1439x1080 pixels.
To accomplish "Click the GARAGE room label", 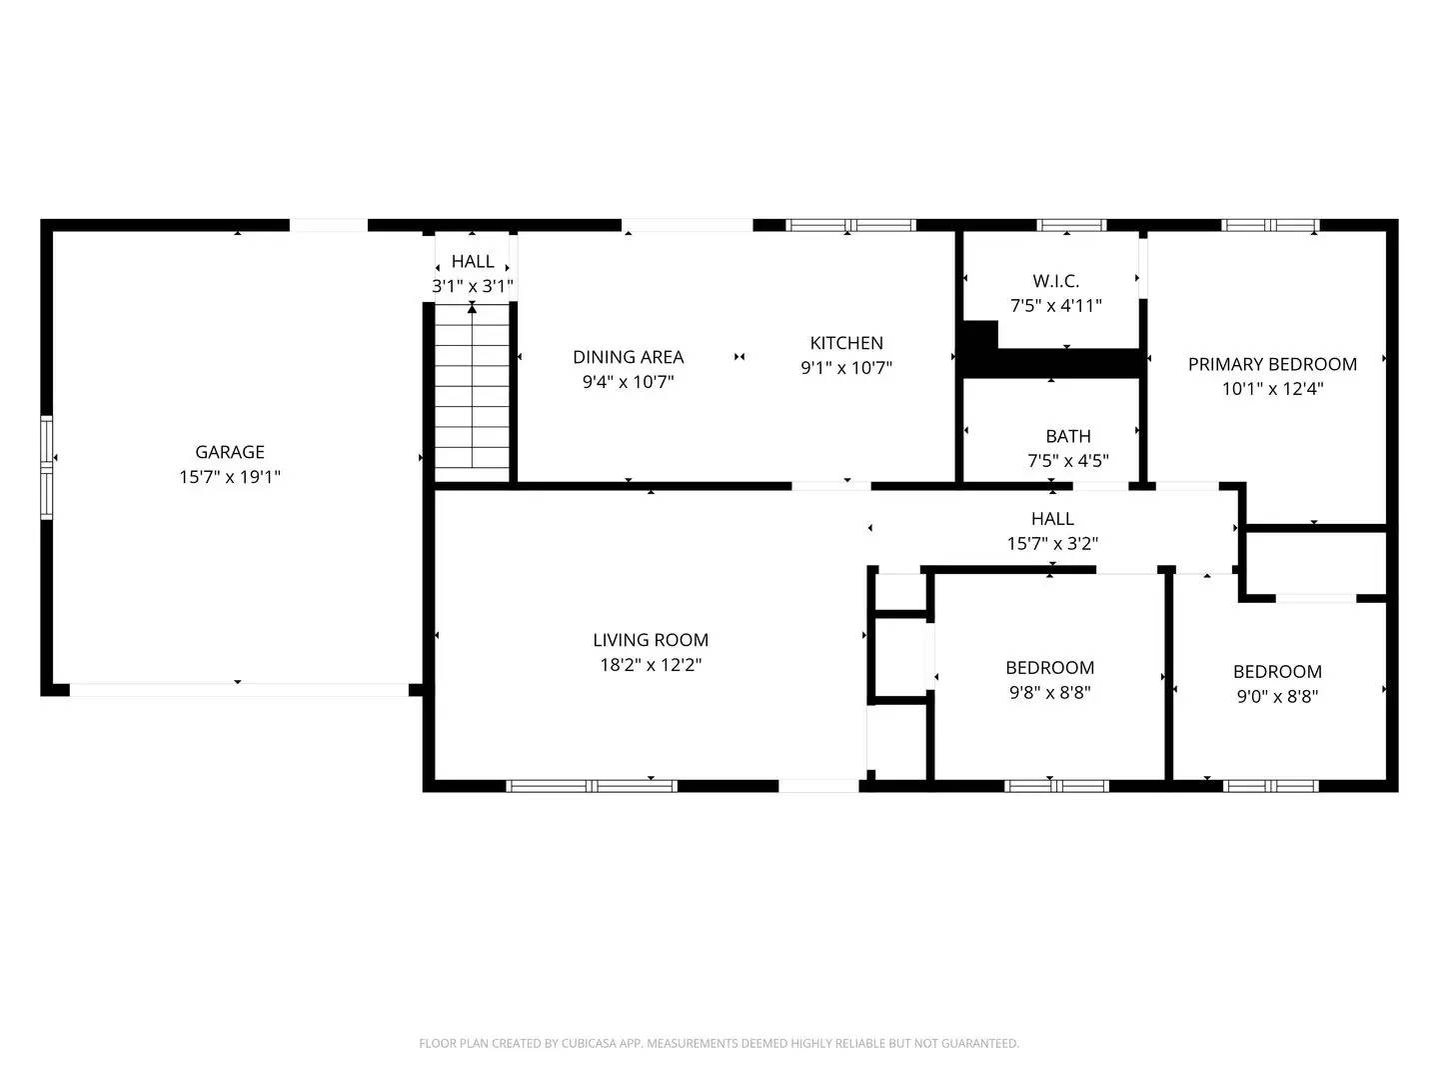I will tap(230, 452).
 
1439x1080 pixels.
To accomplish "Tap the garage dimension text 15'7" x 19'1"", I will tap(230, 477).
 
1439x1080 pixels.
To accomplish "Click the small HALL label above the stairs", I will tap(473, 261).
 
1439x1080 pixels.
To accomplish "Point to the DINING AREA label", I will tap(628, 357).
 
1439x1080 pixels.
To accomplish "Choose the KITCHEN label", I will tap(846, 343).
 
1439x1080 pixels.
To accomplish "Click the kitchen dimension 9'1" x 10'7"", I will tap(846, 368).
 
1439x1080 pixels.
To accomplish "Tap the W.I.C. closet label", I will tap(1055, 281).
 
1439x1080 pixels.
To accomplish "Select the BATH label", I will tap(1067, 436).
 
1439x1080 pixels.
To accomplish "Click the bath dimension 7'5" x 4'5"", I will tap(1067, 461).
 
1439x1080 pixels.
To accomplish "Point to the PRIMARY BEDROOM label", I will tap(1272, 364).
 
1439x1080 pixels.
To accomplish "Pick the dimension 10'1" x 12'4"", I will tap(1272, 389).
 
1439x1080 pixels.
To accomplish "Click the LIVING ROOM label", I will tap(651, 640).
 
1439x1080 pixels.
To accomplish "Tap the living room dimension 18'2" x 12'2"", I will tap(651, 665).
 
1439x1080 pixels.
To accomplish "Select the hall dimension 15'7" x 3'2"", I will tap(1052, 544).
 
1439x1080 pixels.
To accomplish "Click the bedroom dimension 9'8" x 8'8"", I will tap(1049, 692).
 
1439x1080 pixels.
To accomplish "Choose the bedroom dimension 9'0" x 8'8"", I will tap(1277, 696).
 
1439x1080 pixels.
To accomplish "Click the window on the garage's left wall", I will tap(46, 467).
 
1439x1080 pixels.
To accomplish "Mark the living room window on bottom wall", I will tap(593, 786).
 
